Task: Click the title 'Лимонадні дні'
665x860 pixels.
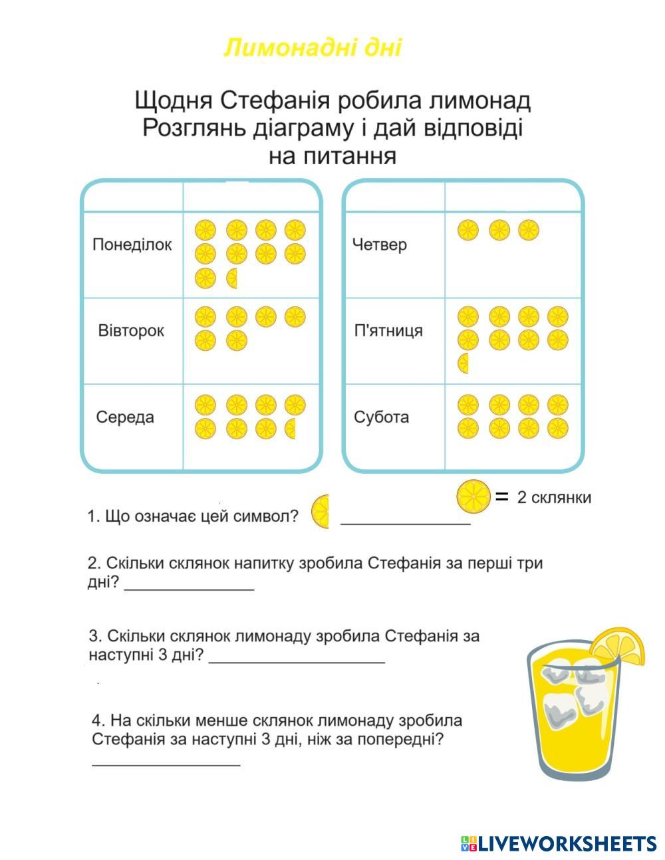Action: pyautogui.click(x=313, y=48)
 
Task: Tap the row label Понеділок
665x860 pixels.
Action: pyautogui.click(x=132, y=245)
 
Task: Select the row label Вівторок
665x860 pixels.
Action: pyautogui.click(x=131, y=331)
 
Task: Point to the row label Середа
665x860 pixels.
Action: pyautogui.click(x=125, y=417)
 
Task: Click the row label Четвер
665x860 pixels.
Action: pyautogui.click(x=379, y=245)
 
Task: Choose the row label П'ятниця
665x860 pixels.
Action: pyautogui.click(x=388, y=331)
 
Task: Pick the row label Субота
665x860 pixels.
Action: pyautogui.click(x=381, y=417)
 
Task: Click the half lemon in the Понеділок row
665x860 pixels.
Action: pyautogui.click(x=233, y=278)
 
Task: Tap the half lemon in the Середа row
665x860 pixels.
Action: pyautogui.click(x=291, y=429)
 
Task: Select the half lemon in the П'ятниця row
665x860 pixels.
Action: pyautogui.click(x=464, y=364)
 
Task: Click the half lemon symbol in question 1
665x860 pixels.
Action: pyautogui.click(x=321, y=512)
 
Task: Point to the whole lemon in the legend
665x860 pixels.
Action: pyautogui.click(x=473, y=497)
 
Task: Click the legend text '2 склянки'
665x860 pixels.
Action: pyautogui.click(x=554, y=498)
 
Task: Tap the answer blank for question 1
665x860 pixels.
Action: pyautogui.click(x=406, y=522)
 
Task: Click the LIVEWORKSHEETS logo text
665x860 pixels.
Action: pyautogui.click(x=567, y=844)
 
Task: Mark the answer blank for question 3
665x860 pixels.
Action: pyautogui.click(x=297, y=661)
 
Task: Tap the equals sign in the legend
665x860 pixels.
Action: pyautogui.click(x=502, y=496)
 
